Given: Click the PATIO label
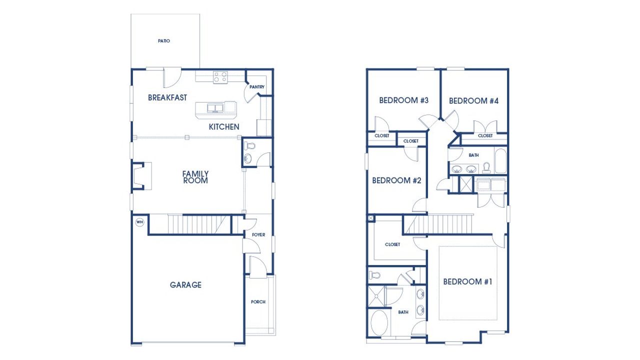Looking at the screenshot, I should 164,41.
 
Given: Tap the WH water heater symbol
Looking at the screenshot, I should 139,222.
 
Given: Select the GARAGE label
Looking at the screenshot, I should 185,285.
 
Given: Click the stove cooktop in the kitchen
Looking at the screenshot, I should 220,77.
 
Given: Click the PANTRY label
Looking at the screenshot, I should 257,87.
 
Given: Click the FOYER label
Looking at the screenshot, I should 258,234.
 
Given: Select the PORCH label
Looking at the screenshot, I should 258,302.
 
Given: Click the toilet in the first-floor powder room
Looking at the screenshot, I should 250,146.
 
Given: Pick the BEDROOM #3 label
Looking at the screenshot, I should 404,100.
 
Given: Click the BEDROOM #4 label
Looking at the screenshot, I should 474,101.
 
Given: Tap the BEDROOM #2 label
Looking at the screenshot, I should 396,180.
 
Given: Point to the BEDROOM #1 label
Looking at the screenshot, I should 468,282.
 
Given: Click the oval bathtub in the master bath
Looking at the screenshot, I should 381,322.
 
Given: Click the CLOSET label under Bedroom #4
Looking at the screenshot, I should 485,136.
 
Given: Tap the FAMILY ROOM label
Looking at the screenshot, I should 195,177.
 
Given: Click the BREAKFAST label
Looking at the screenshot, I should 167,97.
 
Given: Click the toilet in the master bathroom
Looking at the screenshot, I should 375,274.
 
